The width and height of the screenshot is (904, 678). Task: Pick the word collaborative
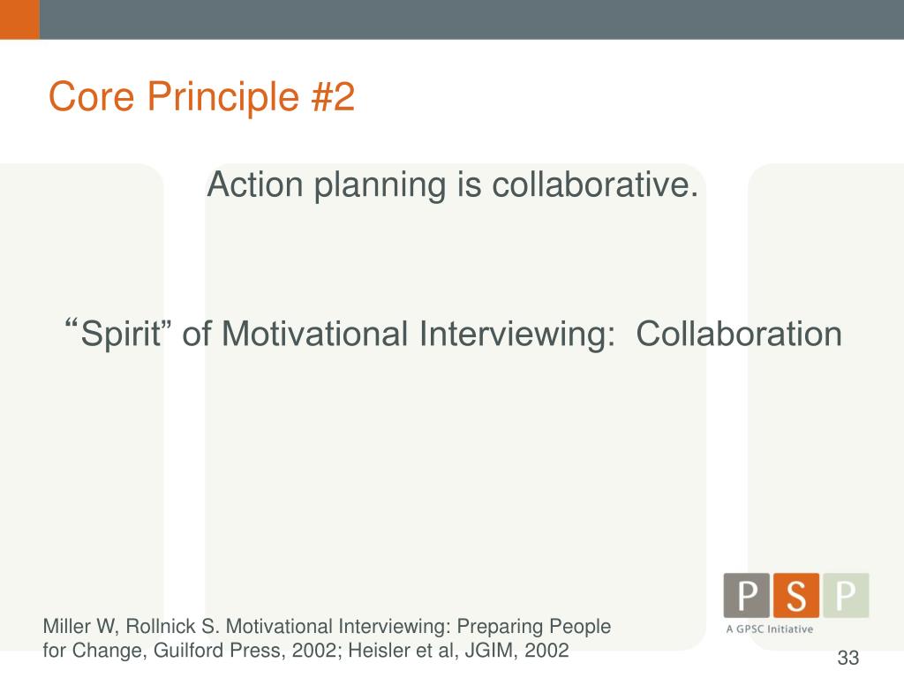tap(594, 185)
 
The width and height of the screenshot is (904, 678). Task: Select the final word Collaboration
tap(739, 335)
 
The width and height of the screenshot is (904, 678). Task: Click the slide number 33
tap(848, 659)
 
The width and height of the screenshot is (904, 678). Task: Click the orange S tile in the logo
tap(796, 595)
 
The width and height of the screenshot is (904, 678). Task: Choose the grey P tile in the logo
tap(747, 595)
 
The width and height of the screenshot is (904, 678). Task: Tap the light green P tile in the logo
tap(846, 595)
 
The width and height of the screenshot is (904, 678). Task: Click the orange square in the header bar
tap(19, 19)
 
